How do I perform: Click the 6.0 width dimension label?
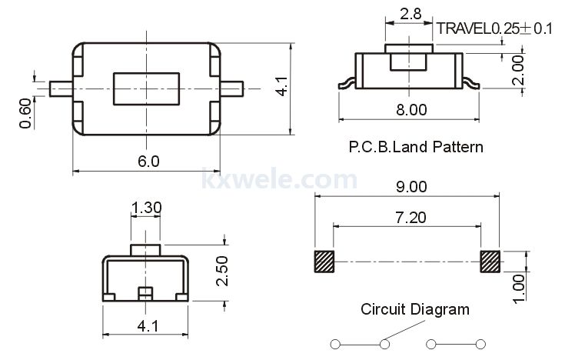pos(148,162)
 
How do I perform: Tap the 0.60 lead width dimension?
pos(25,113)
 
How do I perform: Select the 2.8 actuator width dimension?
pos(410,14)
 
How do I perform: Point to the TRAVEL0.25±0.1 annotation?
pos(494,28)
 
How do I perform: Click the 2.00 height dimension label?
pos(518,70)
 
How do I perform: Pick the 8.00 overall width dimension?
pos(411,110)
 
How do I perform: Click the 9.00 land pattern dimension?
pos(411,187)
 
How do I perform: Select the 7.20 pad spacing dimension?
pos(410,218)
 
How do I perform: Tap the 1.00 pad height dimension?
pos(519,288)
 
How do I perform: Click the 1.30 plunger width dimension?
pos(146,208)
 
